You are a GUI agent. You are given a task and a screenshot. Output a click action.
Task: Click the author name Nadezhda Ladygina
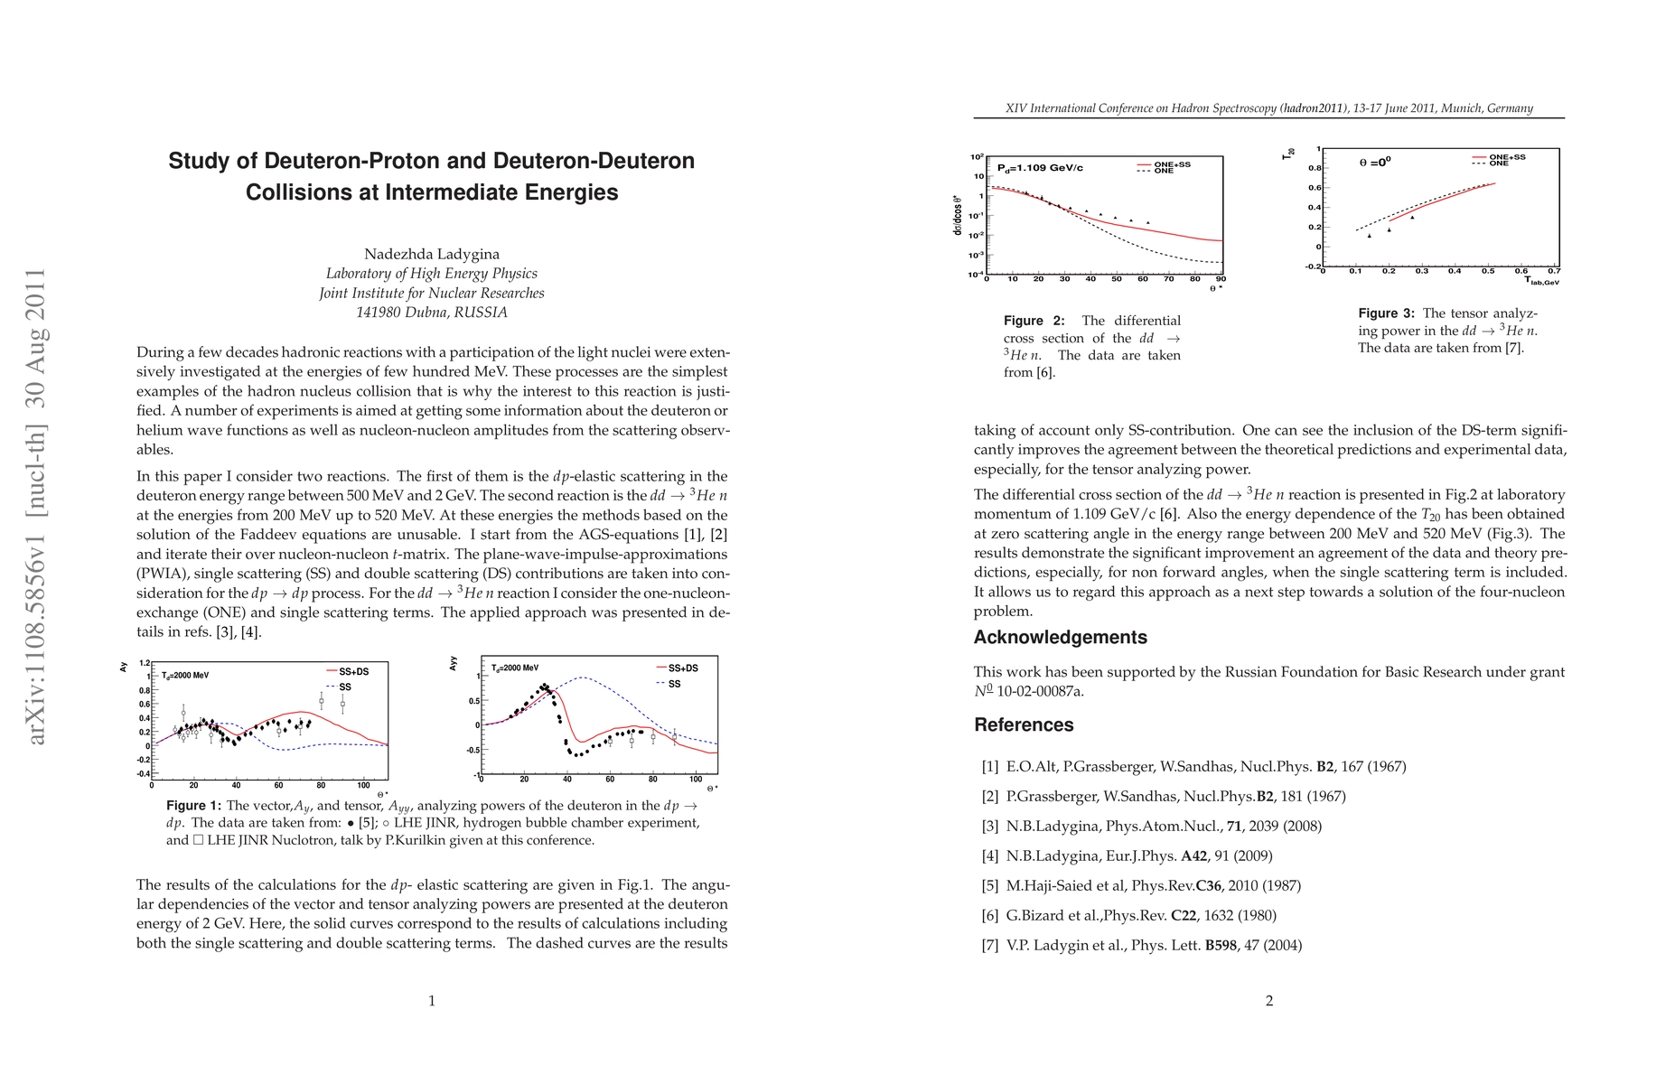click(432, 254)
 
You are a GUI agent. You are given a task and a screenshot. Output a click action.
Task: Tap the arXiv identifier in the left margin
click(36, 506)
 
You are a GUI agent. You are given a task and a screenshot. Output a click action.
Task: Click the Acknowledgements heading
click(1060, 638)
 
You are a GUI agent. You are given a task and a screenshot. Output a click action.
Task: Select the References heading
click(1024, 725)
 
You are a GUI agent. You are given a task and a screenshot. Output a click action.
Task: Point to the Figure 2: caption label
click(1034, 321)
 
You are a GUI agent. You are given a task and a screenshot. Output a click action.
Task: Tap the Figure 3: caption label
click(1386, 313)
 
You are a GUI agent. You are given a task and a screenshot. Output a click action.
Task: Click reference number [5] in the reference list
click(990, 886)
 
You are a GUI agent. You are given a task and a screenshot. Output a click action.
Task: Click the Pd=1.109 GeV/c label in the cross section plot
click(1040, 168)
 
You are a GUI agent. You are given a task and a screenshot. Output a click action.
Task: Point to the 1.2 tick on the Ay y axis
click(145, 663)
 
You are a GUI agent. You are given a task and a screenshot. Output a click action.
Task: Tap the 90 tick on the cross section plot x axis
click(1221, 279)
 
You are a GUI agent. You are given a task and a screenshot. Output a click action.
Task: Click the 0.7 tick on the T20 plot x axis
click(1553, 271)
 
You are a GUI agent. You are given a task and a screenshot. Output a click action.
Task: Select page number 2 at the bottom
click(1269, 1001)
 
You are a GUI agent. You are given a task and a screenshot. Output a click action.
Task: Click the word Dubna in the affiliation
click(419, 313)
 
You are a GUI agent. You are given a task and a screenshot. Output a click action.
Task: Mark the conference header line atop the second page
click(1268, 108)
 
